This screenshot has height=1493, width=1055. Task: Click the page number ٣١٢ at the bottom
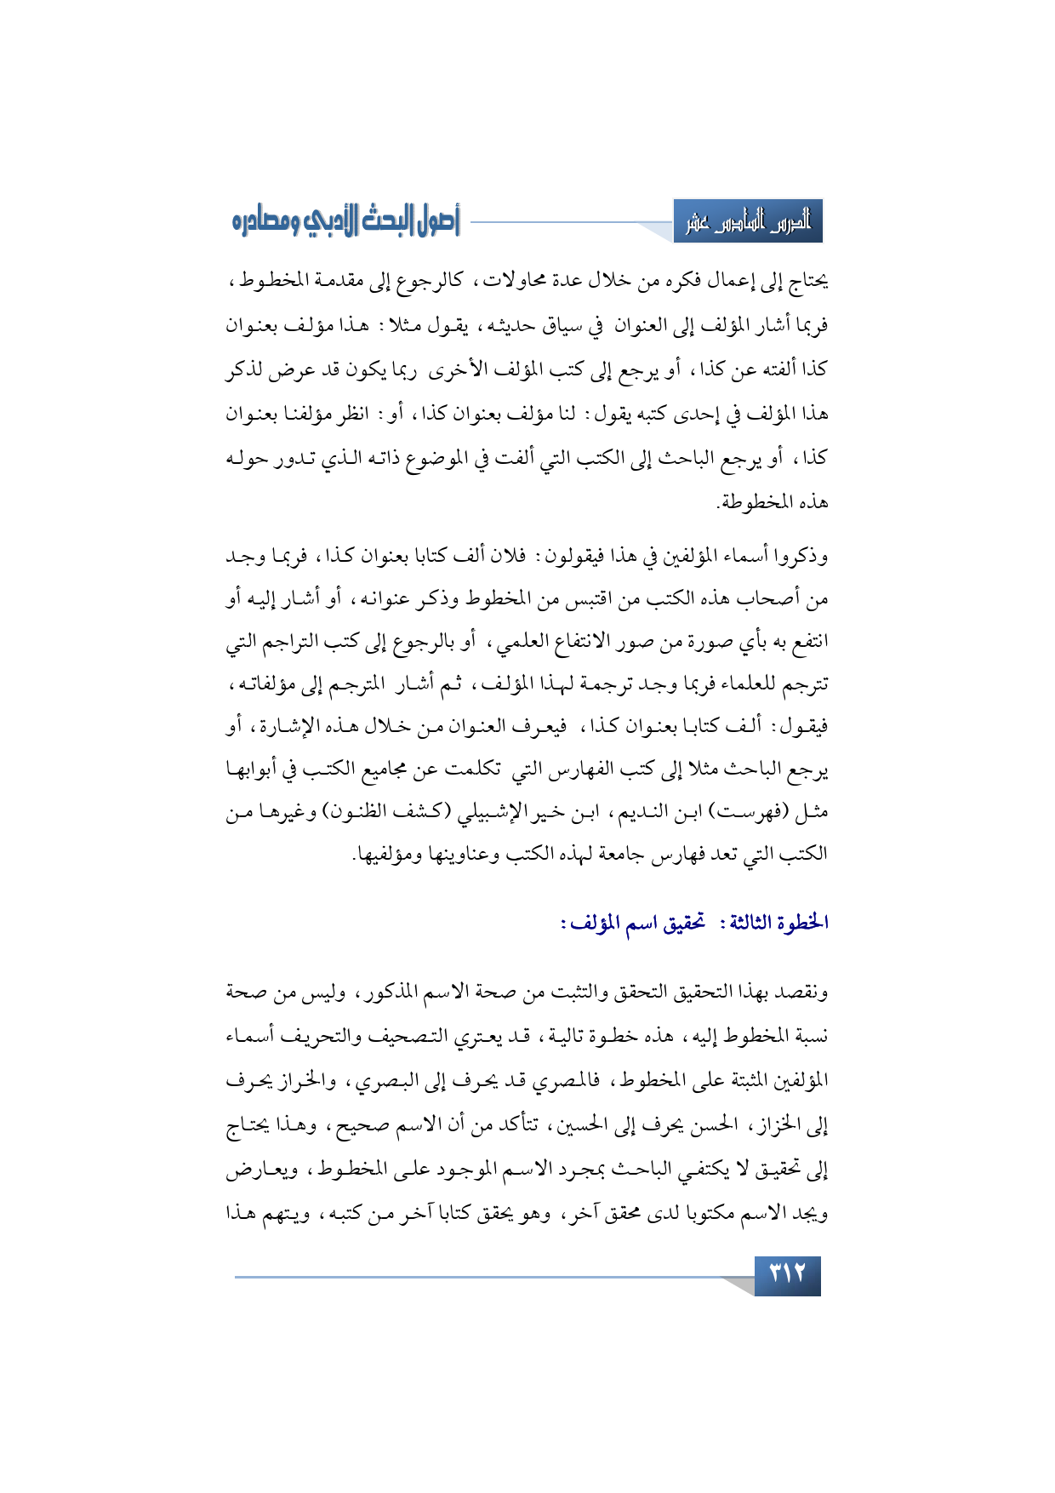pos(787,1275)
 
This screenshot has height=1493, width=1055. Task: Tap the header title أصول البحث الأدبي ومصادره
pos(345,223)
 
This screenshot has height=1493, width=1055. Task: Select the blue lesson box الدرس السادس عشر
pos(748,224)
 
